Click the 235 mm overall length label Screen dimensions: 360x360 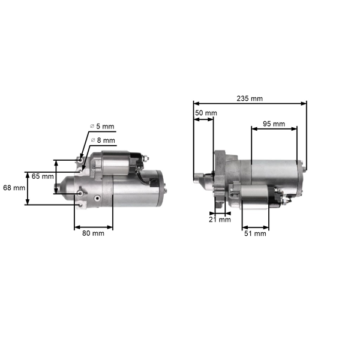249,98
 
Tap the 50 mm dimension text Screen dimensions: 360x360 206,113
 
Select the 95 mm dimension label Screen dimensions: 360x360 274,124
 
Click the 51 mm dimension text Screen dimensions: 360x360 256,234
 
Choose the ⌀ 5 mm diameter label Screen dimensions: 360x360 101,126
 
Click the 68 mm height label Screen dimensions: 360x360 14,188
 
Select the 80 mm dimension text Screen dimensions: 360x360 93,233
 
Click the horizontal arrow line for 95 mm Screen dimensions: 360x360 274,130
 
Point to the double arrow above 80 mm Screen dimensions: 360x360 93,227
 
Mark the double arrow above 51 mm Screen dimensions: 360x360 256,228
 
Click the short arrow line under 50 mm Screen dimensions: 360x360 203,119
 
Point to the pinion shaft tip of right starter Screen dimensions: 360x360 196,178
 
